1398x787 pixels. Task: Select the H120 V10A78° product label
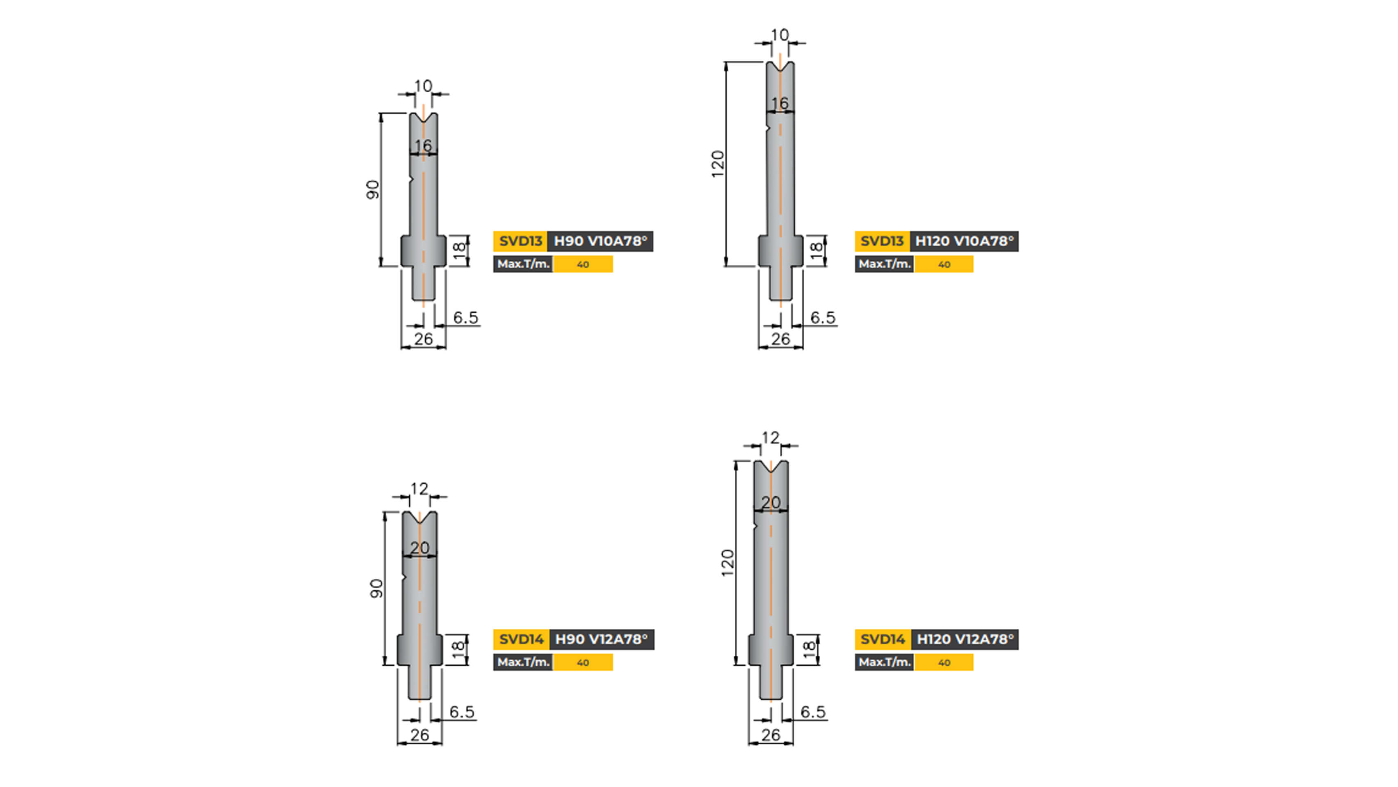click(x=964, y=241)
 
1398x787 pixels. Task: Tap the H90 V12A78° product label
click(x=601, y=639)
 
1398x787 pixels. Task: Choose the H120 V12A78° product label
click(x=965, y=639)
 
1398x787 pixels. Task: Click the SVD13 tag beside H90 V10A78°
click(x=520, y=241)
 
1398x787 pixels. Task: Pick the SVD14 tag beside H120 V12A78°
click(x=883, y=639)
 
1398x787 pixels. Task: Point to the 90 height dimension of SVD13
click(x=372, y=189)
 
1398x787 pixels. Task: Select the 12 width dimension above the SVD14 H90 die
click(x=419, y=489)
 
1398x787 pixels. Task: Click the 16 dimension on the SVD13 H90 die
click(x=423, y=146)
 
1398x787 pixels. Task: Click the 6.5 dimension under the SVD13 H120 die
click(x=822, y=317)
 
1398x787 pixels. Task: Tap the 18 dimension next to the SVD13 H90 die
click(x=459, y=250)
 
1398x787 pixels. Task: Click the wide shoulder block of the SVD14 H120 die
click(x=771, y=649)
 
